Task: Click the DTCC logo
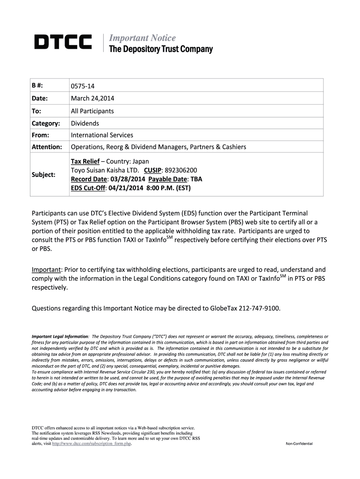coord(63,42)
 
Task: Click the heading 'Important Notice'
coord(142,38)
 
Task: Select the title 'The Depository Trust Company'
coord(160,49)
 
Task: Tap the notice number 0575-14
coord(84,86)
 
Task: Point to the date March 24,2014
coord(93,98)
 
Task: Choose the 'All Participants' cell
coord(92,111)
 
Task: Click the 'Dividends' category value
coord(85,123)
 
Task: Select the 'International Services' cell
coord(102,135)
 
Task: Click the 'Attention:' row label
coord(47,147)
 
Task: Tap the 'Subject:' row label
coord(43,174)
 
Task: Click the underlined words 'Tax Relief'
coord(85,161)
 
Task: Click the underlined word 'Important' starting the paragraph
coord(46,270)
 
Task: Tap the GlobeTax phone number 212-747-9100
coord(261,308)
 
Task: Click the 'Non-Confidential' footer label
coord(299,443)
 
